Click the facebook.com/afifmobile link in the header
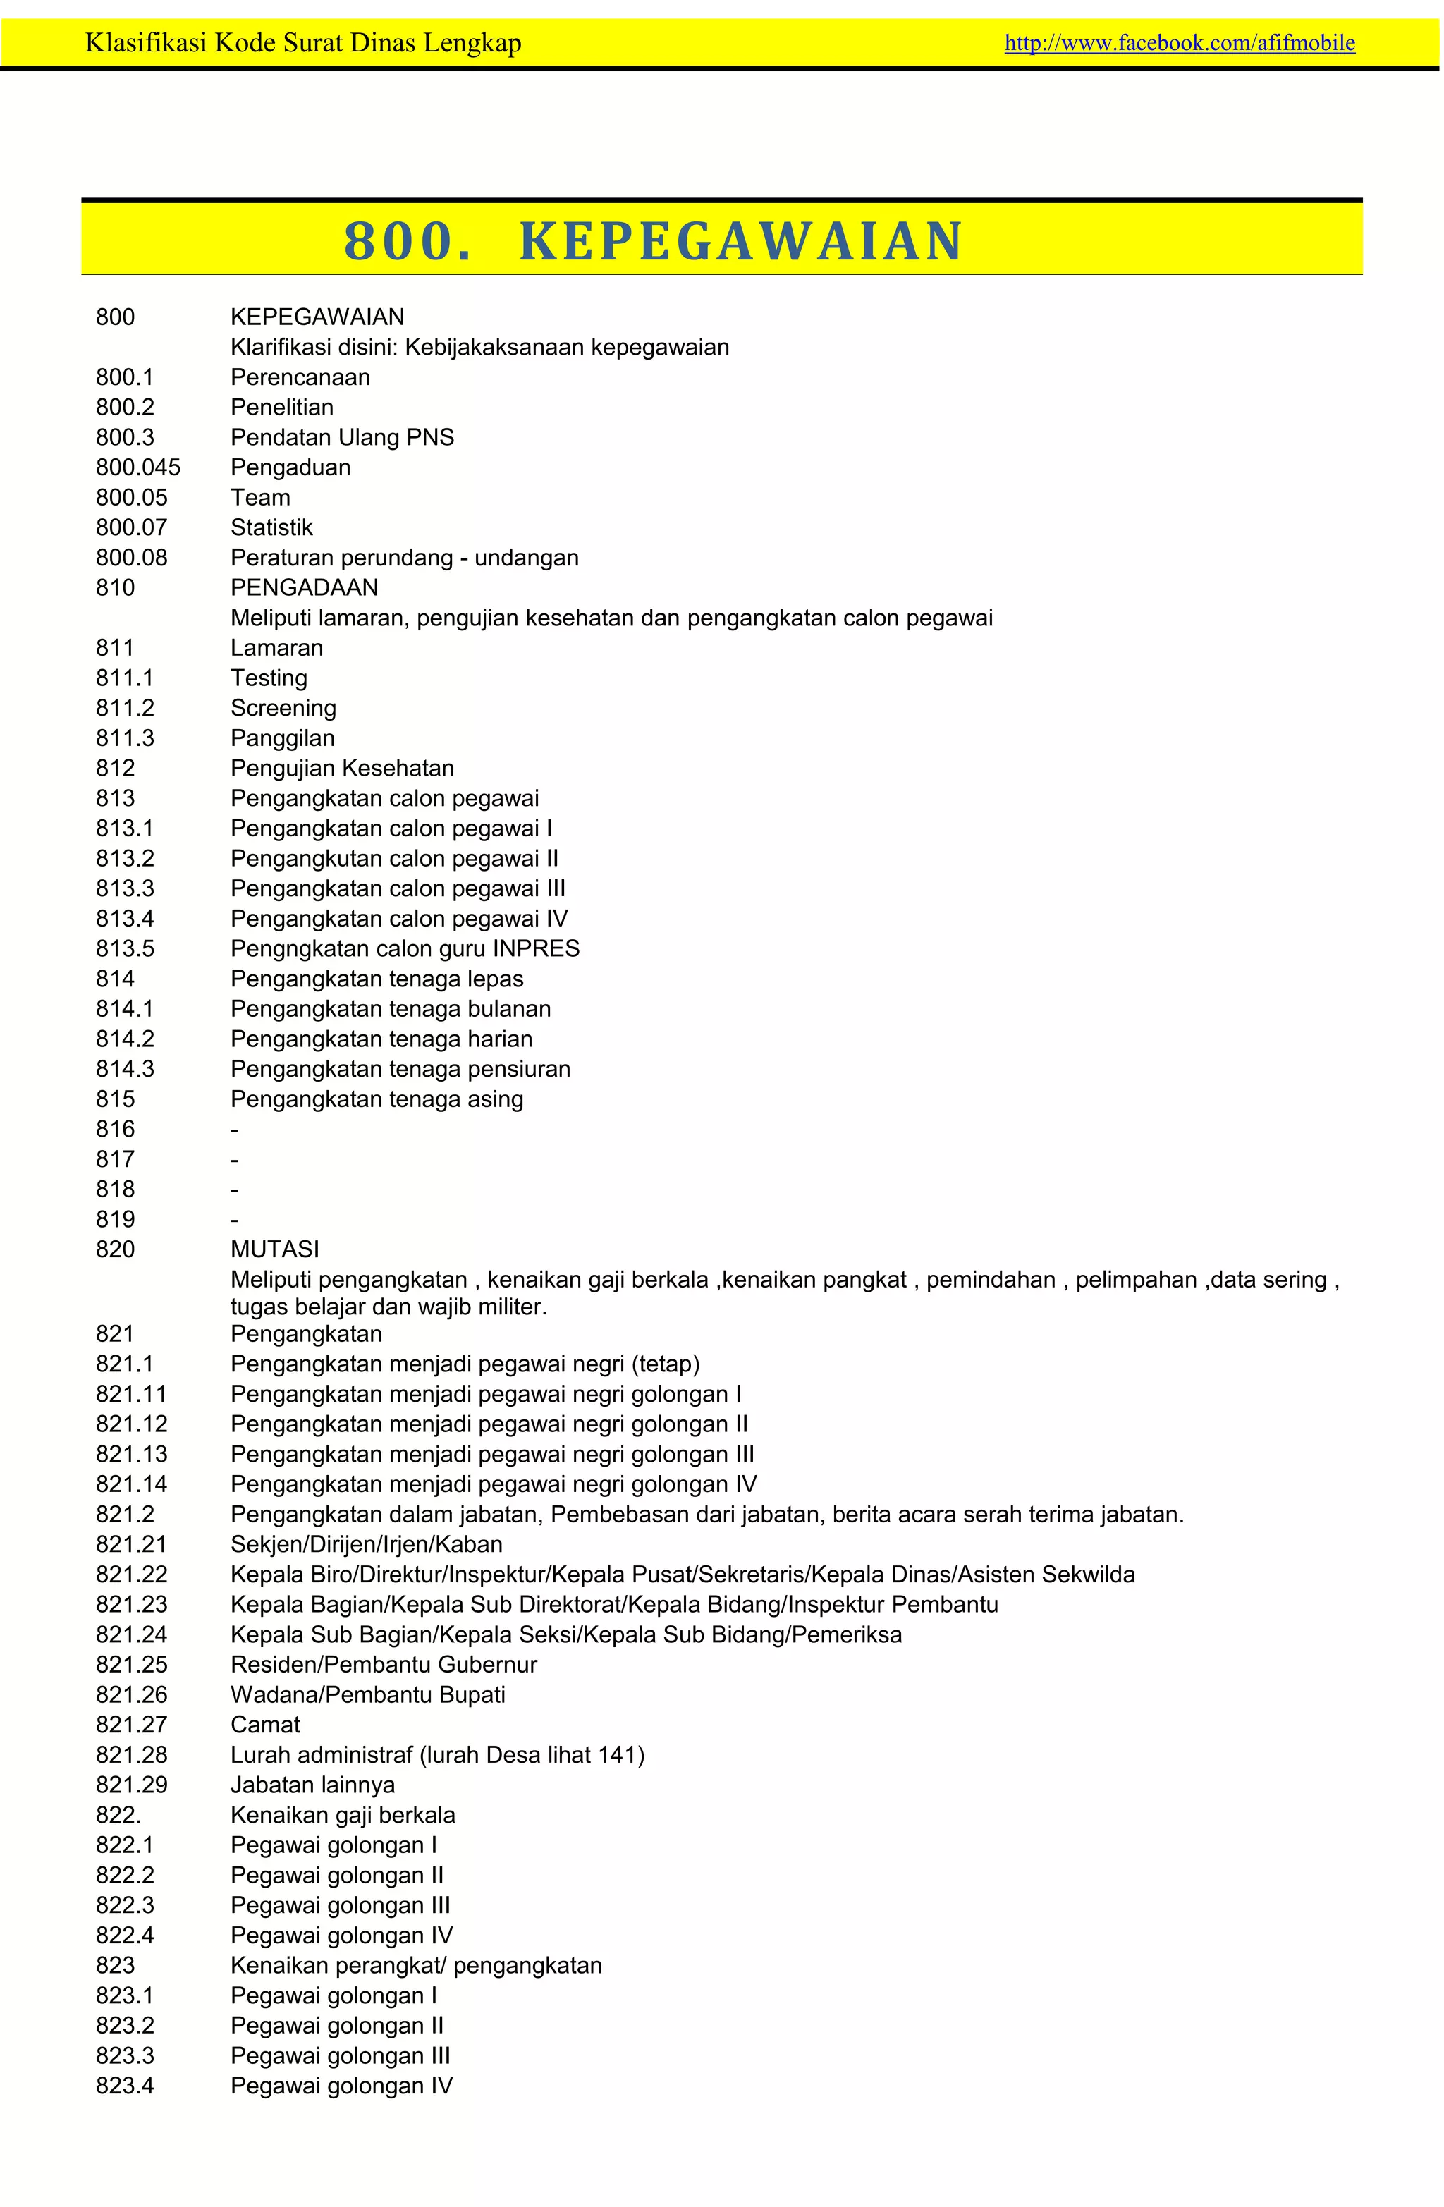point(1179,42)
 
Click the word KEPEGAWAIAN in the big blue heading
point(741,241)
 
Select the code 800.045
point(138,467)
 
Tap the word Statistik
point(271,527)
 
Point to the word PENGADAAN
point(304,588)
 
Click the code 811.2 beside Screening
point(126,709)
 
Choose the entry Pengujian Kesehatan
point(342,769)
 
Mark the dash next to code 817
point(235,1160)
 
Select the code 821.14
point(132,1485)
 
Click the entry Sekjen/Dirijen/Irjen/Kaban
point(367,1545)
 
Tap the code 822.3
point(126,1906)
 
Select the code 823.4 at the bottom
point(126,2086)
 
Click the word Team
point(261,498)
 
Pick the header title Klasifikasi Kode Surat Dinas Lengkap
point(303,42)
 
